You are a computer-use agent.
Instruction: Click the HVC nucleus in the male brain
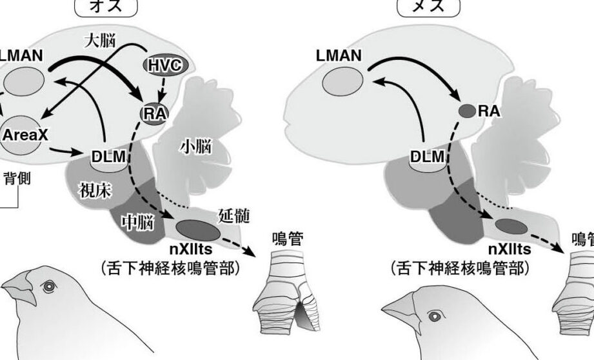165,66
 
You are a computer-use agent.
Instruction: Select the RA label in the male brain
153,114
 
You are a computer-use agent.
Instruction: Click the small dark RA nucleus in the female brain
466,111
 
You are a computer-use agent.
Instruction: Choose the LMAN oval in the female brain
341,82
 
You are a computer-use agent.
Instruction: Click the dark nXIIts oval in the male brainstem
197,228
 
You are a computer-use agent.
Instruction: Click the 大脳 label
100,41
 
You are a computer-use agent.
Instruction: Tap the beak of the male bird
21,288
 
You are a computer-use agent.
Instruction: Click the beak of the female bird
401,315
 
